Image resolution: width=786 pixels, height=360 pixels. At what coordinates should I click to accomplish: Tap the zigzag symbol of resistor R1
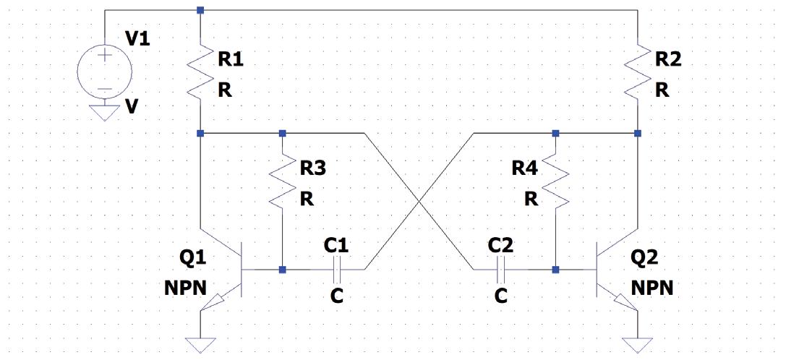click(200, 72)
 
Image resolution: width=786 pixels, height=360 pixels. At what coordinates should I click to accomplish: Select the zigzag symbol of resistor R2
click(637, 72)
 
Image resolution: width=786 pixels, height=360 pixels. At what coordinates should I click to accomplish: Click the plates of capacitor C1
click(336, 270)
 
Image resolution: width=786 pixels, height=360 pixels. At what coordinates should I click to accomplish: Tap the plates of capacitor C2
click(500, 270)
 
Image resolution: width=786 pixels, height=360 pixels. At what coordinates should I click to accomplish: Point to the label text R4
click(525, 169)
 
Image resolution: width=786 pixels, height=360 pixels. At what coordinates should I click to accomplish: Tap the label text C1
click(336, 245)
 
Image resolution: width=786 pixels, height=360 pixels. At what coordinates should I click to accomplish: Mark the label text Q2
click(645, 257)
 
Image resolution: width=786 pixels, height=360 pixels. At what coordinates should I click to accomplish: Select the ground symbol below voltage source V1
click(106, 113)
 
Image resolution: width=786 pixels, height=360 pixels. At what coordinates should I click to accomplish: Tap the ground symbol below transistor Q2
click(637, 344)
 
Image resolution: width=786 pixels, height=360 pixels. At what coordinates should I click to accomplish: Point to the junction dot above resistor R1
click(200, 10)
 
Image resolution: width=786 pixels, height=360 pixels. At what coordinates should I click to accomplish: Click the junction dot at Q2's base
click(555, 270)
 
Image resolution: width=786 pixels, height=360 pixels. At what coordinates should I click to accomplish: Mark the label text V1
click(138, 39)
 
